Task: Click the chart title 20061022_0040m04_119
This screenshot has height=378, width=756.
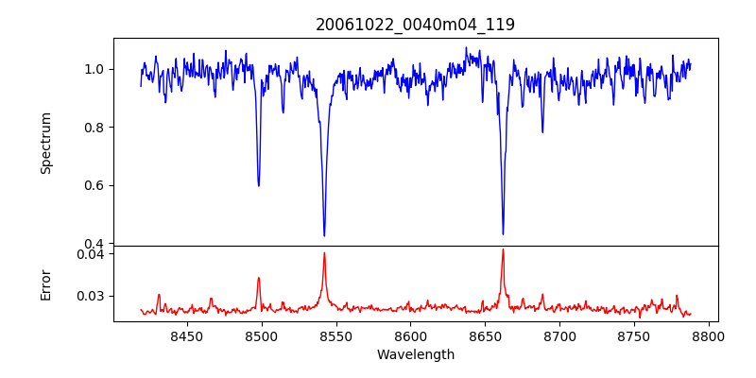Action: pos(416,25)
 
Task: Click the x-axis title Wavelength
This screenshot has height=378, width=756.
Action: pos(416,355)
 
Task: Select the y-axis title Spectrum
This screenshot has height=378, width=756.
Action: pos(46,143)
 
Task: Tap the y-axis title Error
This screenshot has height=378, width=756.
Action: pos(46,283)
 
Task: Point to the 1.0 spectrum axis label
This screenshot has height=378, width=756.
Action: pos(94,69)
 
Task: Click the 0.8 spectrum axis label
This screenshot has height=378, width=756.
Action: pos(94,128)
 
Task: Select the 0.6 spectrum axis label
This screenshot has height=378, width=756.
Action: pos(94,185)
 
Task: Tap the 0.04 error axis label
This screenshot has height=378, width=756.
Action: pos(91,253)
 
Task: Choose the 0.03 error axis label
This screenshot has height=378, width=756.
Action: pos(91,296)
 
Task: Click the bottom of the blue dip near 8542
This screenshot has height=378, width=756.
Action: pos(324,235)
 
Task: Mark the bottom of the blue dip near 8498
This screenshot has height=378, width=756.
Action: pos(258,185)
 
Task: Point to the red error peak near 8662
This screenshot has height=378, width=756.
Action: pos(503,249)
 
